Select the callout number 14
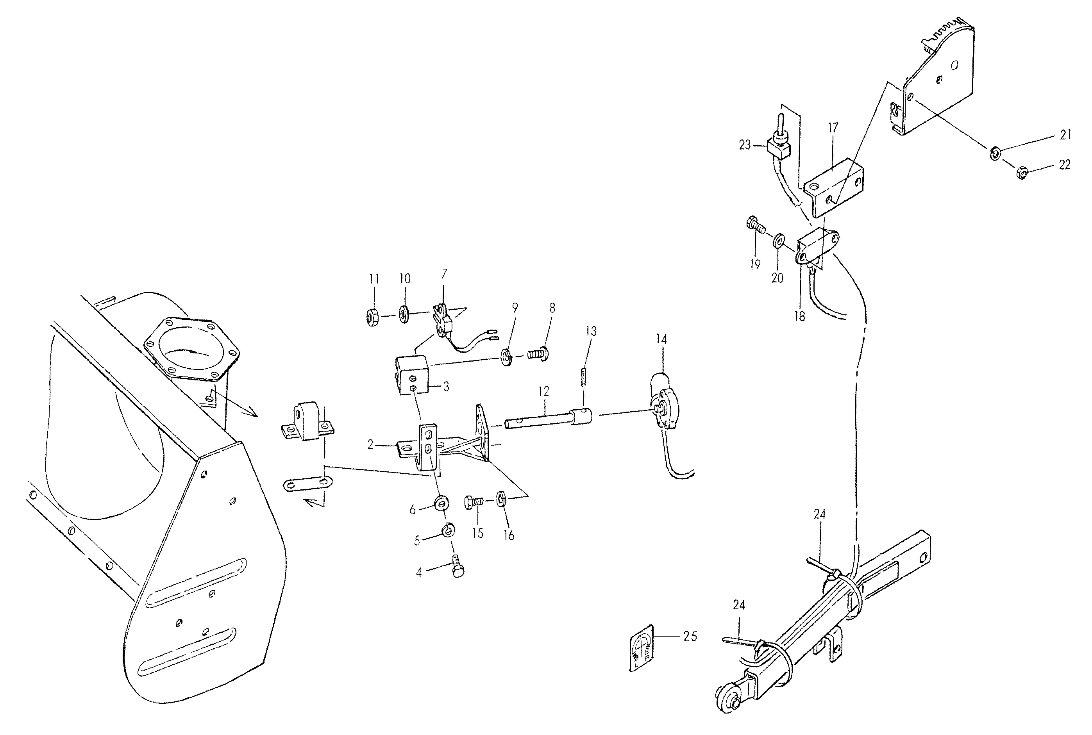tap(661, 339)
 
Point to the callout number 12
tap(543, 391)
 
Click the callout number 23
tap(745, 145)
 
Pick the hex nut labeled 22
tap(1022, 173)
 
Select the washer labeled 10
tap(403, 314)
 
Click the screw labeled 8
tap(538, 353)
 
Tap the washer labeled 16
tap(501, 499)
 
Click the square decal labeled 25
tap(642, 648)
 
